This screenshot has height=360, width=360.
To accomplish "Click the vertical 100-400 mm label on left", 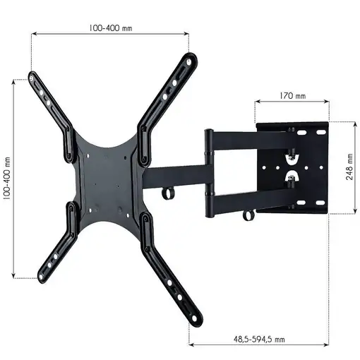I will [x=6, y=178].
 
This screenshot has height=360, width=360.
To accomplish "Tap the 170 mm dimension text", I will [x=292, y=95].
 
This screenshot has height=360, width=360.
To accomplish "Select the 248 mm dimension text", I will [x=349, y=167].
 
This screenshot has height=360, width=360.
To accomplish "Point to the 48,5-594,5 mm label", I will [x=260, y=339].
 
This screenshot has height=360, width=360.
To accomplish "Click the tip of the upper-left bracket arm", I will [x=32, y=76].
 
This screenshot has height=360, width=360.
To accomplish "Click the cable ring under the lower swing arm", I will [x=167, y=193].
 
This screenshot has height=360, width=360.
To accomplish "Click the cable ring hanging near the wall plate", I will [x=248, y=213].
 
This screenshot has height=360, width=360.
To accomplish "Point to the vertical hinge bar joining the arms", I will [x=210, y=174].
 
